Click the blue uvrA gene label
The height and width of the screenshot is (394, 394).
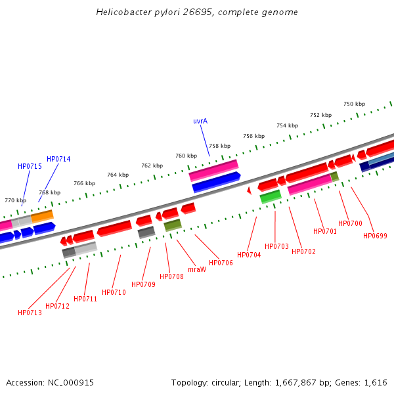pyautogui.click(x=200, y=121)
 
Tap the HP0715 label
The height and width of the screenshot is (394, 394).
pyautogui.click(x=30, y=167)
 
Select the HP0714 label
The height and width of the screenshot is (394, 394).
pyautogui.click(x=58, y=160)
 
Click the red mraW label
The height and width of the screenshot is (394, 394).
pyautogui.click(x=197, y=269)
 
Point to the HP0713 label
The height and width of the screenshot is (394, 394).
pyautogui.click(x=30, y=313)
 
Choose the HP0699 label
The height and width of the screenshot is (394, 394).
pyautogui.click(x=376, y=236)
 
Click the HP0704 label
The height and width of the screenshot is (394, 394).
pyautogui.click(x=249, y=255)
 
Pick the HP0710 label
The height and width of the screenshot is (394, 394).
pyautogui.click(x=114, y=292)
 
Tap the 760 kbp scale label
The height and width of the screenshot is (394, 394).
pyautogui.click(x=186, y=156)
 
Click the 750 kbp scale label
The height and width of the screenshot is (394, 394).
pyautogui.click(x=354, y=104)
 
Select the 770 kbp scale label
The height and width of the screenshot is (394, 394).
pyautogui.click(x=15, y=200)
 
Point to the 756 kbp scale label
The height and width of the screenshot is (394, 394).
pyautogui.click(x=253, y=136)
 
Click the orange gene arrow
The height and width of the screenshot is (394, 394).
pyautogui.click(x=42, y=215)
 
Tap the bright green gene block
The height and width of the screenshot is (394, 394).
pyautogui.click(x=271, y=196)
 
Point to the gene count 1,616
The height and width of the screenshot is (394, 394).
pyautogui.click(x=376, y=382)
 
